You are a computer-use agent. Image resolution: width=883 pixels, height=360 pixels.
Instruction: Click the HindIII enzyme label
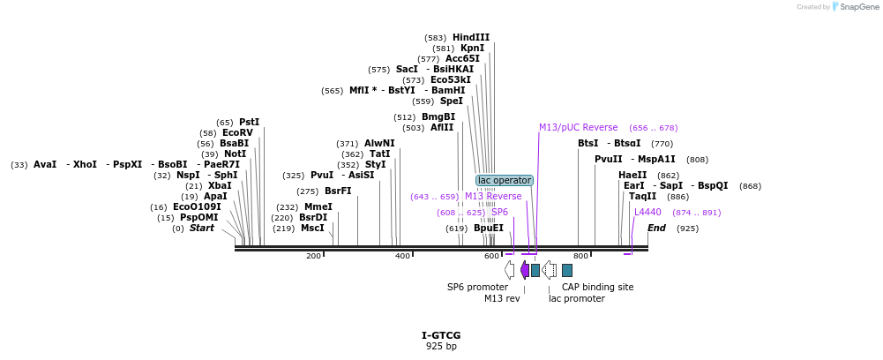point(471,37)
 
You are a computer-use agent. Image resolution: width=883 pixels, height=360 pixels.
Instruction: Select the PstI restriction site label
point(250,122)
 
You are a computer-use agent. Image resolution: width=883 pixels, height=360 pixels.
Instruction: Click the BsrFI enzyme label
point(338,191)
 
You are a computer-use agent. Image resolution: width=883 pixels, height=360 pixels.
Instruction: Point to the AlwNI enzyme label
point(379,143)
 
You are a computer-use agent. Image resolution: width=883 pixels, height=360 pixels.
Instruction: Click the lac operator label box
point(504,180)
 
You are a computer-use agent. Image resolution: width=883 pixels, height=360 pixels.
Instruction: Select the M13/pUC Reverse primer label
point(579,127)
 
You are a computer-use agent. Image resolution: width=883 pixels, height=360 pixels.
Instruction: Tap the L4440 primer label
point(647,212)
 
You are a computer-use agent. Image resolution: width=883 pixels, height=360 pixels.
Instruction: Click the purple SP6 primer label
point(499,212)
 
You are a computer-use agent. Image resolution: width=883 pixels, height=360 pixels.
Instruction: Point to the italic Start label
point(202,228)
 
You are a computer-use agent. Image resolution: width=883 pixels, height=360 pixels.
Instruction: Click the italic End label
point(656,228)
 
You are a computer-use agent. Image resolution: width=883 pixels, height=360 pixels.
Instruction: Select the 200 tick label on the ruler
point(313,256)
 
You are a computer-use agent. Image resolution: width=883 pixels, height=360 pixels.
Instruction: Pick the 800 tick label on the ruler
point(580,256)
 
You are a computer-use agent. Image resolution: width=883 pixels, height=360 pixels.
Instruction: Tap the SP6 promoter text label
point(477,287)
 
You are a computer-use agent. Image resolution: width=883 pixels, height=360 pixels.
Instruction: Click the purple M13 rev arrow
point(524,270)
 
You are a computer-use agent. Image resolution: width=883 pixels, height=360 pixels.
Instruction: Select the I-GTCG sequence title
point(441,335)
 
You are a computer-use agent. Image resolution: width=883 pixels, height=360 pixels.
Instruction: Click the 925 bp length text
point(441,347)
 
